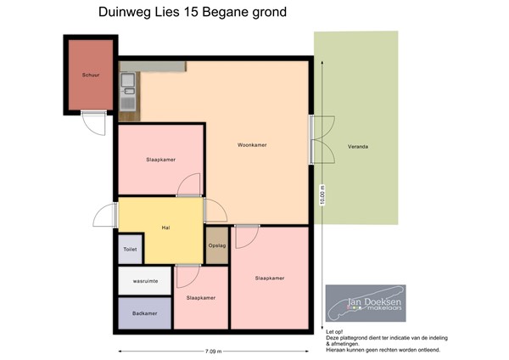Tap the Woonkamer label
253,145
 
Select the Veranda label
358,146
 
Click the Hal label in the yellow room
166,228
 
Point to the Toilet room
130,250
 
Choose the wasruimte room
145,281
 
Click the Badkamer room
145,313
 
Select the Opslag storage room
217,246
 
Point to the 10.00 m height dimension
322,196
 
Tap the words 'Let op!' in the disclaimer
335,332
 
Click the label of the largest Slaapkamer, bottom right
269,278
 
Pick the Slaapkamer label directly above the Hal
161,159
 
